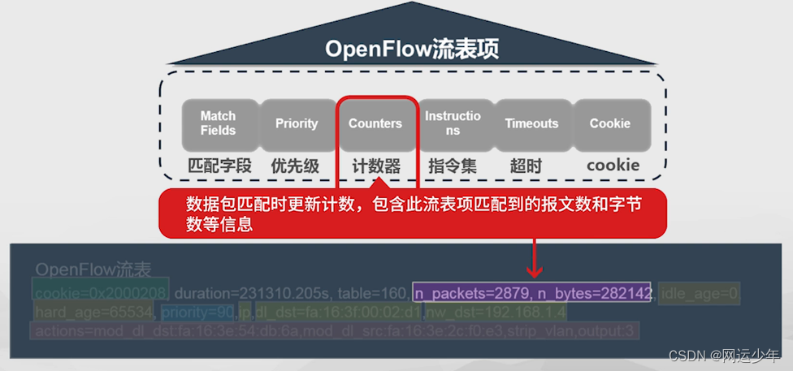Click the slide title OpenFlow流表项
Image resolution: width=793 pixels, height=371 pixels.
[412, 49]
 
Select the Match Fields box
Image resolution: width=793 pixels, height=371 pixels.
[218, 123]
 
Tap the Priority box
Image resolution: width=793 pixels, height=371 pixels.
[297, 123]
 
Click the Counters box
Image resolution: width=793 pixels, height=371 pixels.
[375, 123]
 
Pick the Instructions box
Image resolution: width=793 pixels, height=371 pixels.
[453, 123]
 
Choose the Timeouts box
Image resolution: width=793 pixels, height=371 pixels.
[531, 123]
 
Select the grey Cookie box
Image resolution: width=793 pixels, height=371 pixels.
[610, 123]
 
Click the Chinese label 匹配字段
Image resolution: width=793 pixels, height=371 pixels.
[219, 166]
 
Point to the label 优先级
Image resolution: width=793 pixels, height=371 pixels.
[297, 166]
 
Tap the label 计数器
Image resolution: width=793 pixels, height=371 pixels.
[376, 166]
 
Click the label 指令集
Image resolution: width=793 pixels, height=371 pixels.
[453, 166]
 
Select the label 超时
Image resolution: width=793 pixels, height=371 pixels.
[526, 166]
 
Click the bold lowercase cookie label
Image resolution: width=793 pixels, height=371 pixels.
[613, 166]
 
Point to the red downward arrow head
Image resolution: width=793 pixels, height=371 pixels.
[534, 270]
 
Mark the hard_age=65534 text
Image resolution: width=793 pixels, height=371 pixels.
[93, 312]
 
